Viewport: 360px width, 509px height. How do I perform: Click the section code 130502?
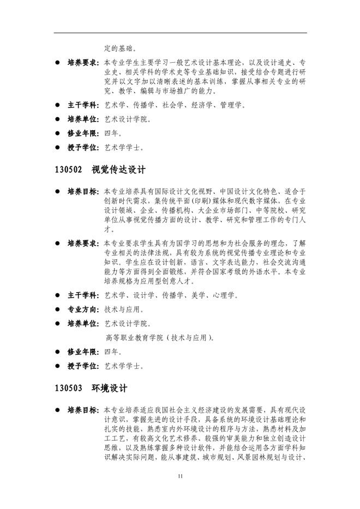[x=68, y=169]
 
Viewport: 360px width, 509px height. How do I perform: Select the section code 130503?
[x=68, y=389]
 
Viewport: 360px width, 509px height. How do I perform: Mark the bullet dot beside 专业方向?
[x=57, y=309]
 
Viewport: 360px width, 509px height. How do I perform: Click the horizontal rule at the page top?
[x=180, y=33]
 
